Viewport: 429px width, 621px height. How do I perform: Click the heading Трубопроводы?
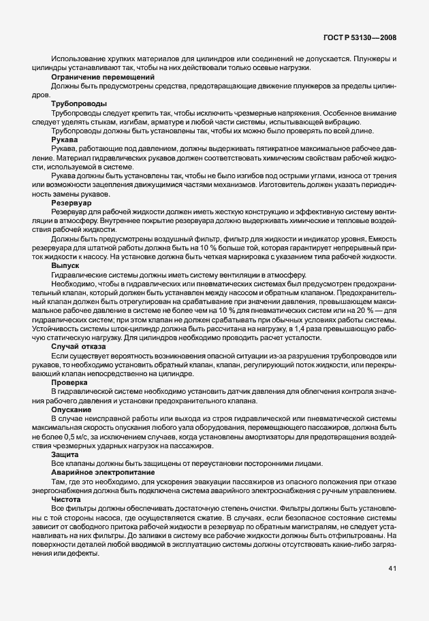tap(78, 103)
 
